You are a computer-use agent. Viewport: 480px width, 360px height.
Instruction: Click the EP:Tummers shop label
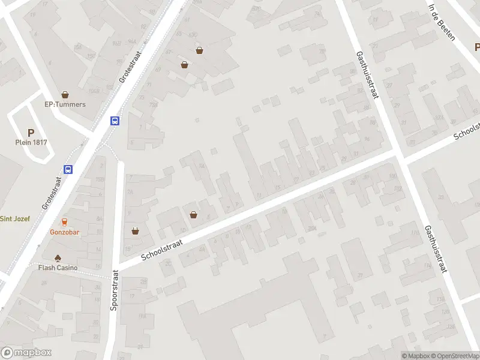pyautogui.click(x=65, y=104)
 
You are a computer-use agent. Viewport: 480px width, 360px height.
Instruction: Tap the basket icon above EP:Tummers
pyautogui.click(x=65, y=95)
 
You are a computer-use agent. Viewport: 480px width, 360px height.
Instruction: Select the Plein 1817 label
pyautogui.click(x=31, y=142)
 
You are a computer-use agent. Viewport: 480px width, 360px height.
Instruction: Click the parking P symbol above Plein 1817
pyautogui.click(x=31, y=133)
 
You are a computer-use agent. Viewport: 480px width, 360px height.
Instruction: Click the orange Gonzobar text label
pyautogui.click(x=64, y=232)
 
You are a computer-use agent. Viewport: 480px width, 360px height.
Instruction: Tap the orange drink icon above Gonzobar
pyautogui.click(x=64, y=222)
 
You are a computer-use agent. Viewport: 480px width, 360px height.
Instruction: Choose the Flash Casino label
pyautogui.click(x=58, y=268)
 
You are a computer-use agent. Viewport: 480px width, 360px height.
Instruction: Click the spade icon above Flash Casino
pyautogui.click(x=58, y=258)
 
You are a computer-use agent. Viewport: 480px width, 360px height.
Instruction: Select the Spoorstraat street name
pyautogui.click(x=114, y=290)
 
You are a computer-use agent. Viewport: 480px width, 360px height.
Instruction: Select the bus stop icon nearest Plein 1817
pyautogui.click(x=69, y=169)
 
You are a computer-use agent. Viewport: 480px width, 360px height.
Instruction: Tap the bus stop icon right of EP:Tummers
pyautogui.click(x=115, y=121)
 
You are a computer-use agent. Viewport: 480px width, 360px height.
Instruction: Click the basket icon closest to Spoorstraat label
pyautogui.click(x=136, y=230)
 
